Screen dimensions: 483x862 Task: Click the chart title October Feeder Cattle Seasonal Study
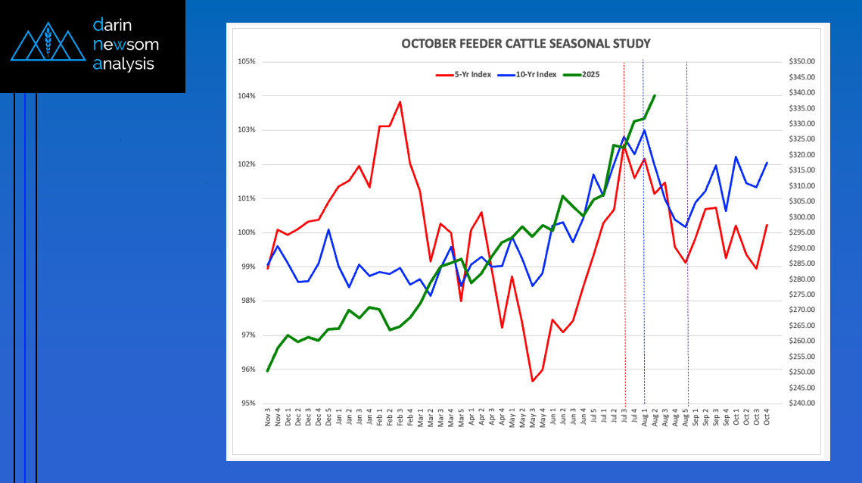tap(525, 44)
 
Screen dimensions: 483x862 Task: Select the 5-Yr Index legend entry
tap(462, 74)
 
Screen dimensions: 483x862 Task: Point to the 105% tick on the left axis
tap(247, 61)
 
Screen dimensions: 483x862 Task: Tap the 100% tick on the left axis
tap(247, 232)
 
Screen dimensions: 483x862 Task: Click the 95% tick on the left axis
tap(248, 404)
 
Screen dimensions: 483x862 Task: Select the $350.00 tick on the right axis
tap(801, 61)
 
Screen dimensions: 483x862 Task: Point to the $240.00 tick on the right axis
tap(801, 404)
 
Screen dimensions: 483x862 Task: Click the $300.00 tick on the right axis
tap(801, 217)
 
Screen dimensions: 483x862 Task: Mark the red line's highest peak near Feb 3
tap(400, 101)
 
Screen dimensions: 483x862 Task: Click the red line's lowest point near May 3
tap(533, 381)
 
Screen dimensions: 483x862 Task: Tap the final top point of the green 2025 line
tap(654, 95)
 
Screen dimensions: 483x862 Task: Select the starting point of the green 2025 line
tap(268, 371)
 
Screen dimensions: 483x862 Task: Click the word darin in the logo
tap(117, 25)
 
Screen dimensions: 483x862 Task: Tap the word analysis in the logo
tap(123, 64)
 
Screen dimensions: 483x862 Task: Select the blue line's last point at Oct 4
tap(767, 163)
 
